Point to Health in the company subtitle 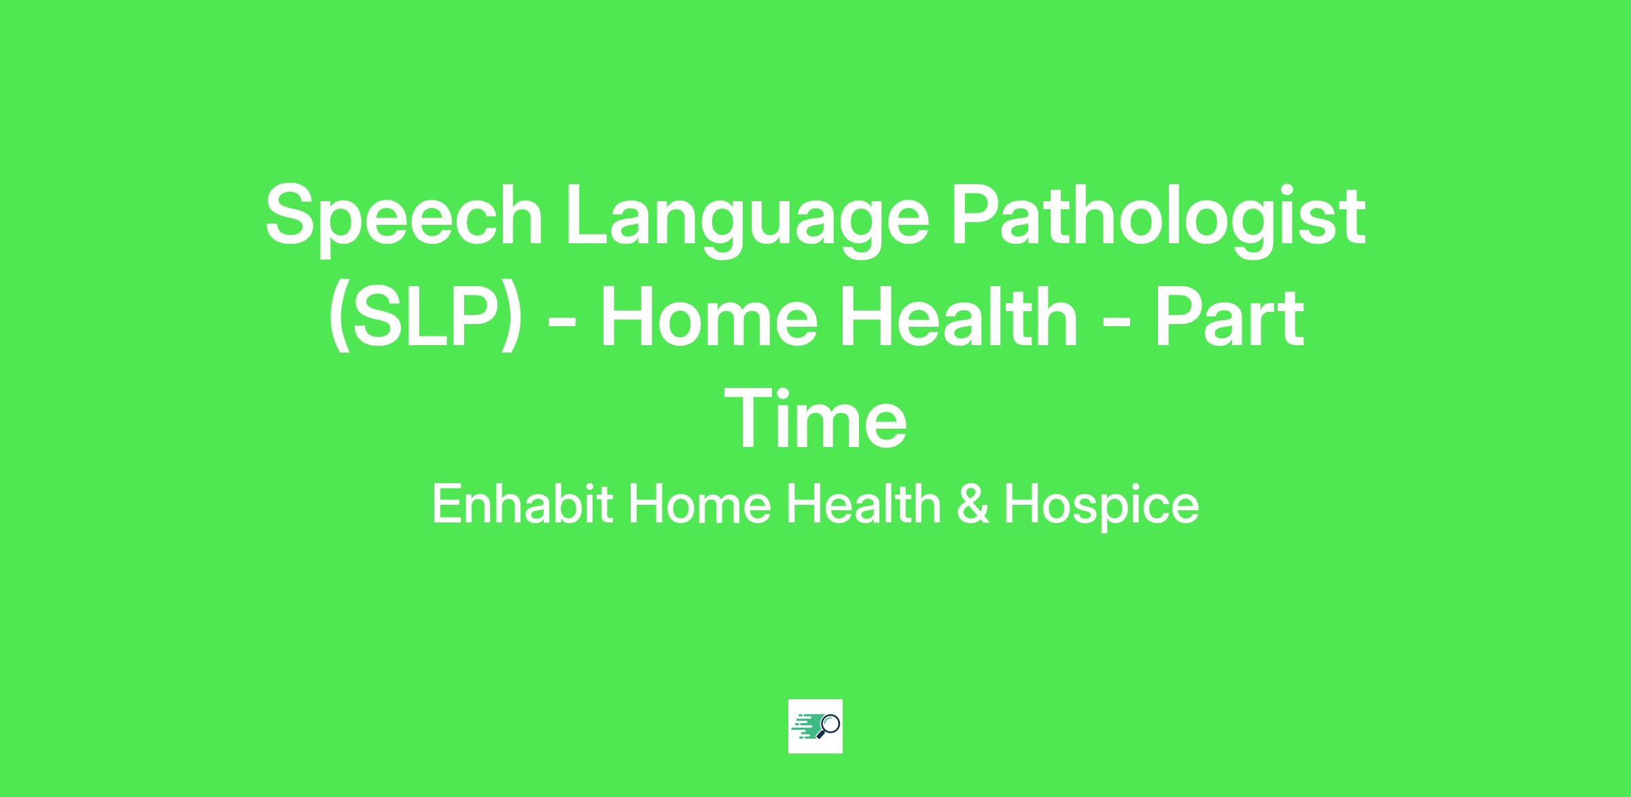coord(863,504)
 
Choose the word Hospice coord(1101,506)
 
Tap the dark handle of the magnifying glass coord(820,734)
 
